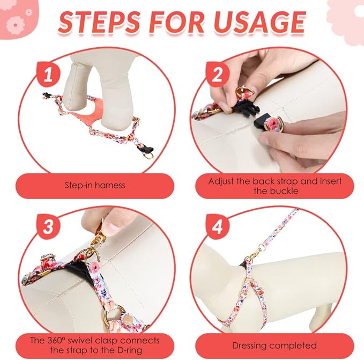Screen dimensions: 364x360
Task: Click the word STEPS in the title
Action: coord(99,23)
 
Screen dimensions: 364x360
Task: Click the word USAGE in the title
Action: coord(259,23)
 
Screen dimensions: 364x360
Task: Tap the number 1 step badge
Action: coord(49,74)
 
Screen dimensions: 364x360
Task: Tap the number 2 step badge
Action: coord(217,74)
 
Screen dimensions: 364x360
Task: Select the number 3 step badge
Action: coord(49,226)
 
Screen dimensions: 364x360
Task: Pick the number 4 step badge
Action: coord(217,226)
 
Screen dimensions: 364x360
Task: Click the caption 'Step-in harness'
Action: coord(95,185)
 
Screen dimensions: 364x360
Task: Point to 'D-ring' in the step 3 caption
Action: coord(129,350)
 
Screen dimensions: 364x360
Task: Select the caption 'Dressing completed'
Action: coord(274,346)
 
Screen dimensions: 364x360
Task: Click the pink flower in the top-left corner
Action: coord(16,25)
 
